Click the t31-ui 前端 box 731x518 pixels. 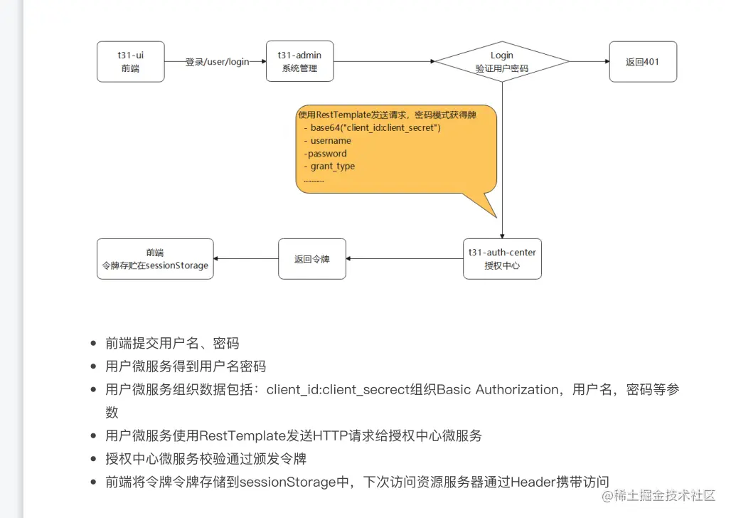(x=130, y=61)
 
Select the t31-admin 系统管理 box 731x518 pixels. (x=299, y=61)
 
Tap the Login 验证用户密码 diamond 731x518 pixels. (x=502, y=61)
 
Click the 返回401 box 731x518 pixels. (x=642, y=61)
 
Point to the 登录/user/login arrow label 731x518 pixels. (x=217, y=61)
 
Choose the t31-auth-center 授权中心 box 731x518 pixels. (x=502, y=258)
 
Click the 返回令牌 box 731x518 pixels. (x=311, y=258)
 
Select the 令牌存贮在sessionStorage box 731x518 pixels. (x=154, y=258)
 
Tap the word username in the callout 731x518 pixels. (x=331, y=140)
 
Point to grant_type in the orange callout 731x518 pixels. (x=332, y=166)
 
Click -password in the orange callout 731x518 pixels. (x=326, y=153)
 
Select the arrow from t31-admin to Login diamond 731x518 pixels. (x=384, y=61)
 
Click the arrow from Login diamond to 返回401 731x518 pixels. (x=589, y=61)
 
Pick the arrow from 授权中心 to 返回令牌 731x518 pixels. (x=404, y=258)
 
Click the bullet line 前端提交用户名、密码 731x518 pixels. (x=172, y=343)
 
